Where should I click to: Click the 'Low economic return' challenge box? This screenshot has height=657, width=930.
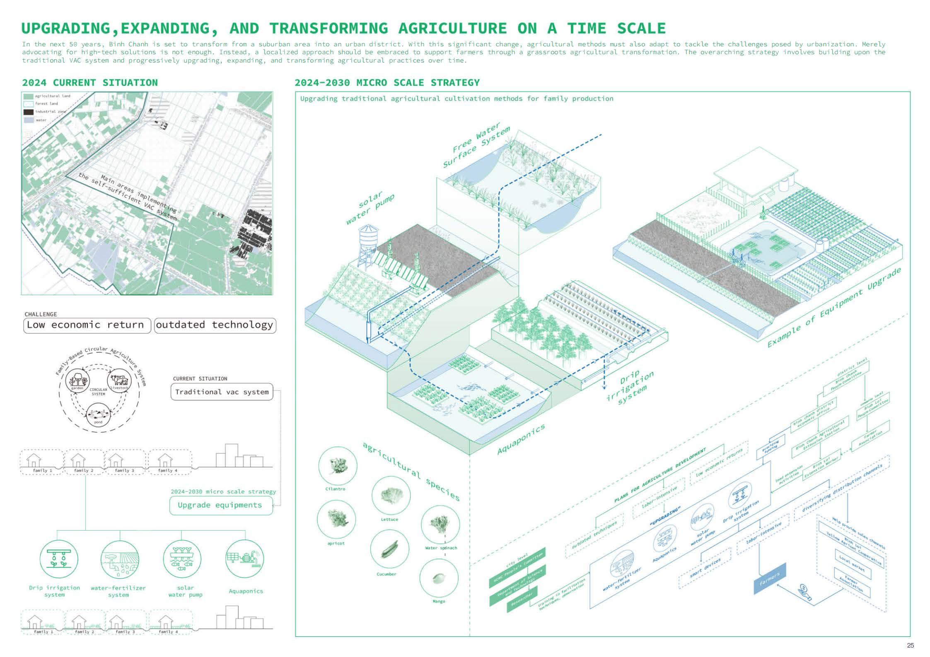click(x=85, y=325)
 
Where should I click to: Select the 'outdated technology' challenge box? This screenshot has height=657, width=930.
click(x=215, y=325)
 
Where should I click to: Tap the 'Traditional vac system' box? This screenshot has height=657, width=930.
click(x=222, y=392)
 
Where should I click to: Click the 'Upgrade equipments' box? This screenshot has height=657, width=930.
click(x=221, y=505)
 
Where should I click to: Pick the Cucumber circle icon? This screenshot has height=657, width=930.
click(x=389, y=549)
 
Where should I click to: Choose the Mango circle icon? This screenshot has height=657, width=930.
click(x=439, y=578)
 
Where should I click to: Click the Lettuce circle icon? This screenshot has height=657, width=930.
click(x=391, y=495)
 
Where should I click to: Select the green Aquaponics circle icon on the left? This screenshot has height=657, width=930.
click(x=246, y=559)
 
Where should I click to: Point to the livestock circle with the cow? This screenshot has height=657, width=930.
click(x=120, y=381)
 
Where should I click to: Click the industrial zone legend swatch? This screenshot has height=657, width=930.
click(x=29, y=112)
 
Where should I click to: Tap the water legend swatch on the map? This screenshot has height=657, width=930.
click(x=29, y=120)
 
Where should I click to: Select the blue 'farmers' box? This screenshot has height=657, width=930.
click(x=769, y=579)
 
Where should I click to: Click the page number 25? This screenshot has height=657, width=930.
click(x=910, y=645)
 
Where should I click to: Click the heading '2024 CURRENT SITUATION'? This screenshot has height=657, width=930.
click(x=89, y=82)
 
